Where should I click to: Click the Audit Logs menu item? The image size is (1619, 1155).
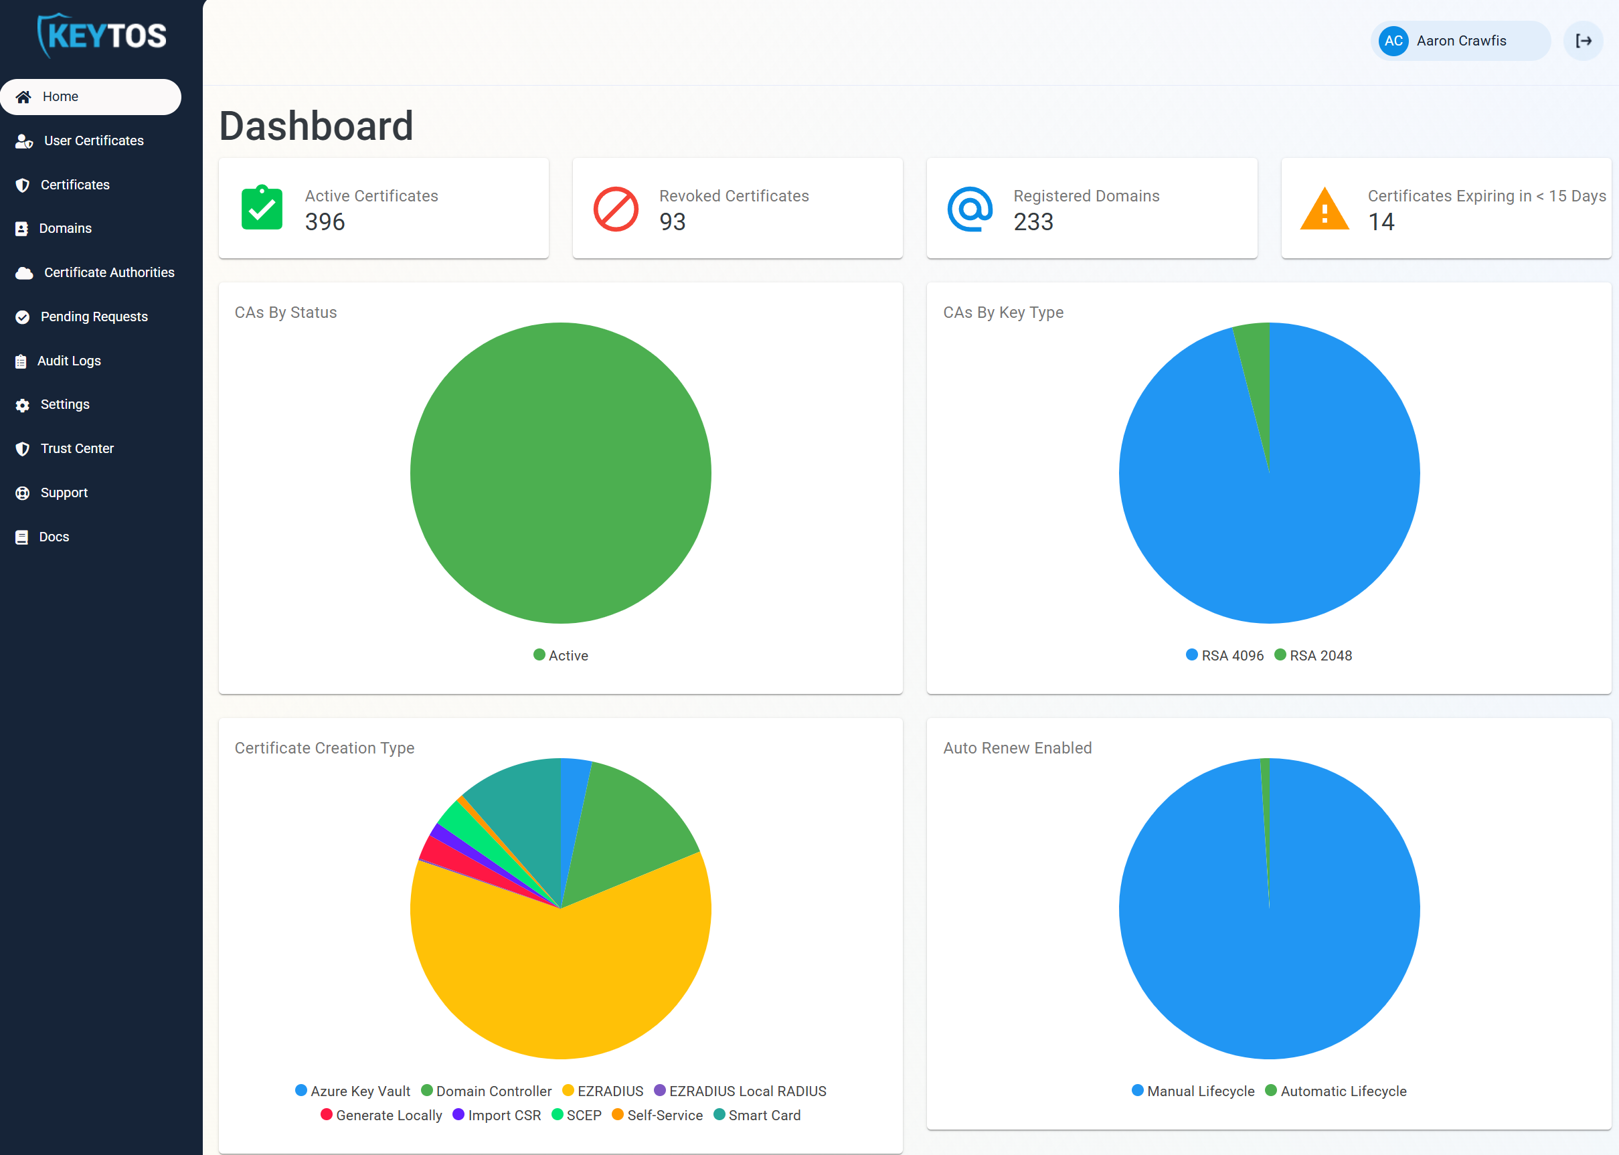tap(68, 361)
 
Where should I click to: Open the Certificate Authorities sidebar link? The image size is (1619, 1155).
tap(108, 272)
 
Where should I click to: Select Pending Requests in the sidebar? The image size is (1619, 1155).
tap(93, 317)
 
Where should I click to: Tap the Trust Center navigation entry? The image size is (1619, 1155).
tap(76, 449)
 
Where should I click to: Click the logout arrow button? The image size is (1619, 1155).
tap(1584, 41)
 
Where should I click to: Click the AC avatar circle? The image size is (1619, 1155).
tap(1393, 41)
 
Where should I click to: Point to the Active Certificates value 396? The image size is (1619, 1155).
tap(325, 222)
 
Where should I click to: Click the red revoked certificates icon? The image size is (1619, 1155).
tap(615, 209)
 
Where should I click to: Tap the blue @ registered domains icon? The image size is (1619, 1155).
tap(970, 209)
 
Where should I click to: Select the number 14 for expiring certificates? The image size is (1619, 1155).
tap(1381, 222)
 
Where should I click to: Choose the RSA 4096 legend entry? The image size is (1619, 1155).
tap(1225, 655)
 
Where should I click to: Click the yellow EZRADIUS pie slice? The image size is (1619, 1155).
tap(562, 982)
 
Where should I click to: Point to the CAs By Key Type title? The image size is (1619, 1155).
tap(1003, 313)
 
